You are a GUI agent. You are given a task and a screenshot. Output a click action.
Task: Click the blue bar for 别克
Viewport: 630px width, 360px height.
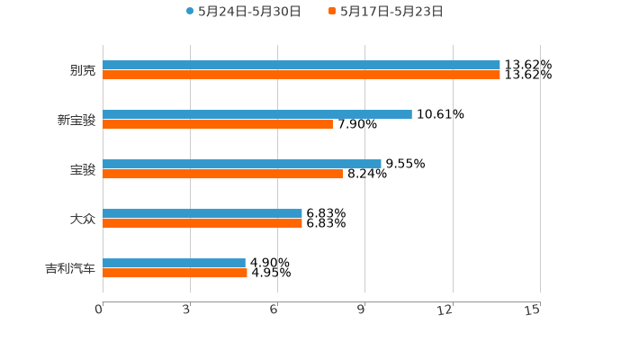tap(301, 65)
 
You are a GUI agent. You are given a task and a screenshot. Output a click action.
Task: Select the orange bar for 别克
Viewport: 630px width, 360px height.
tap(301, 75)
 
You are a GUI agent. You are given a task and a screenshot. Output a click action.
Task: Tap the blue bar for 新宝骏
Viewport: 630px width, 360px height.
tap(257, 114)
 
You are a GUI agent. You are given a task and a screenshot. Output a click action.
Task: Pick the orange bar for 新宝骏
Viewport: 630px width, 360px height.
tap(218, 124)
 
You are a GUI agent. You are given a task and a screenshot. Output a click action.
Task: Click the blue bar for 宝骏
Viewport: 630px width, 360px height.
tap(242, 164)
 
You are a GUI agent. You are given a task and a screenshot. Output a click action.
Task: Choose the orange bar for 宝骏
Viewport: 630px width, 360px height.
tap(222, 174)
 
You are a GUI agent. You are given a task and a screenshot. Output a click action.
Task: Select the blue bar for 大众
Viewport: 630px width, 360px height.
tap(202, 213)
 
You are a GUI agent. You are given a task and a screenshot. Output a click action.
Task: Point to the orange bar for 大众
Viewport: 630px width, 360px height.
tap(202, 223)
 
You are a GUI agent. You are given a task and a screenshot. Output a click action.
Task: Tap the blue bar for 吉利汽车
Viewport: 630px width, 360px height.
tap(174, 263)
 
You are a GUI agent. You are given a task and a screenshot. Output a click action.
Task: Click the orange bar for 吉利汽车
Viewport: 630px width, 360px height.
tap(175, 273)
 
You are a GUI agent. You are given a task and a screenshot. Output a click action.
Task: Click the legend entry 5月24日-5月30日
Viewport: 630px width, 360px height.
tap(243, 12)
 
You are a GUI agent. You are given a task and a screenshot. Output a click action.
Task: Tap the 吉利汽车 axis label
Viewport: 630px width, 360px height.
tap(70, 268)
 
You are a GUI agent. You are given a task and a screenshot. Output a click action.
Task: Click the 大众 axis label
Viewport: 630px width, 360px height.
tap(83, 219)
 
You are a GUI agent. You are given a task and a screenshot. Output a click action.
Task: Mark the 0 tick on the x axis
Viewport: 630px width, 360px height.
tap(100, 310)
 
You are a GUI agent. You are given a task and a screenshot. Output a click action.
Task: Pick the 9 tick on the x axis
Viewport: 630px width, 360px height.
tap(362, 310)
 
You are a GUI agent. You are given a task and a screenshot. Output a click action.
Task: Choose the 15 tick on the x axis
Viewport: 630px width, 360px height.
tap(533, 310)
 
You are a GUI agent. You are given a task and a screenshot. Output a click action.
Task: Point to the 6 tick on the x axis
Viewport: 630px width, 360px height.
tap(274, 310)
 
